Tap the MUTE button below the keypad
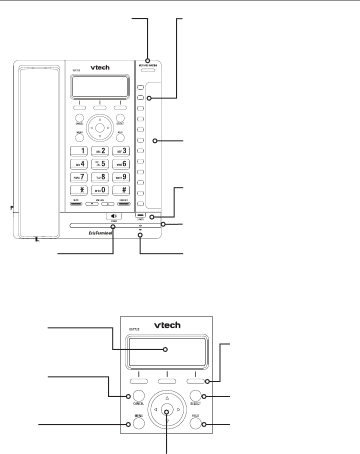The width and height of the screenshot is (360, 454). pos(76,203)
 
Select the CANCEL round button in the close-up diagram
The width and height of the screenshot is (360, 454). pos(139,396)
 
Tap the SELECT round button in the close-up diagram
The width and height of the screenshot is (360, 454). pos(195,396)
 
